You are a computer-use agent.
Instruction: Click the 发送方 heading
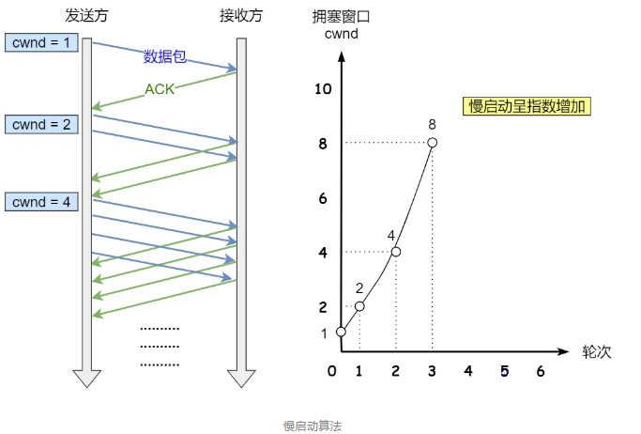(x=86, y=18)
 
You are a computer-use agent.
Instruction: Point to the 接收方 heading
(x=241, y=18)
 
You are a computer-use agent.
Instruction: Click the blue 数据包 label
(x=164, y=56)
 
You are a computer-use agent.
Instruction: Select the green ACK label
(x=160, y=90)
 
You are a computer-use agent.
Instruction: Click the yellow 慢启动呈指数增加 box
(x=527, y=106)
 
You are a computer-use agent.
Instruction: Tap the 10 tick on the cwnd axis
(x=325, y=89)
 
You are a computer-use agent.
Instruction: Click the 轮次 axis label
(x=597, y=351)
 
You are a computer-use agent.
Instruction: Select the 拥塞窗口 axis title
(x=340, y=18)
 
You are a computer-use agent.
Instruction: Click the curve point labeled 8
(x=432, y=143)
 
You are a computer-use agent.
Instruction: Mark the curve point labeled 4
(x=395, y=252)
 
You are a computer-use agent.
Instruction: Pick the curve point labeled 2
(x=359, y=306)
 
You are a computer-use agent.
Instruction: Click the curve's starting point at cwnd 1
(x=341, y=332)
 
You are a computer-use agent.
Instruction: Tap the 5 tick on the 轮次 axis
(x=504, y=372)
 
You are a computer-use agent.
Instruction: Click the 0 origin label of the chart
(x=331, y=372)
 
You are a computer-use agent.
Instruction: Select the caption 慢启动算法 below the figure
(x=313, y=426)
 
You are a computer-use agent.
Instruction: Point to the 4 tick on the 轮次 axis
(x=467, y=372)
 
